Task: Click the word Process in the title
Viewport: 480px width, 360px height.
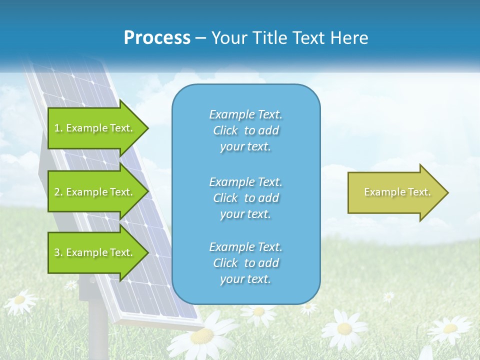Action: [x=157, y=38]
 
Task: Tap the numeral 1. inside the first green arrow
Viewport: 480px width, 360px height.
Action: [x=58, y=128]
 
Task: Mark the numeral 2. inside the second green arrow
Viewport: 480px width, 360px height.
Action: [x=58, y=192]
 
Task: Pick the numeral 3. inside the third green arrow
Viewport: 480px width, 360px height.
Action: [x=58, y=253]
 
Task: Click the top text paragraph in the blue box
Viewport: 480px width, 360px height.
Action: [x=245, y=130]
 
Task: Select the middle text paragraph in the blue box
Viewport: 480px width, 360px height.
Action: [x=245, y=198]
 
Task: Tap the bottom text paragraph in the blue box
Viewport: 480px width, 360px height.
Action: [x=245, y=263]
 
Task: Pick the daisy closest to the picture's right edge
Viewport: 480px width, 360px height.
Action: [x=450, y=329]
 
